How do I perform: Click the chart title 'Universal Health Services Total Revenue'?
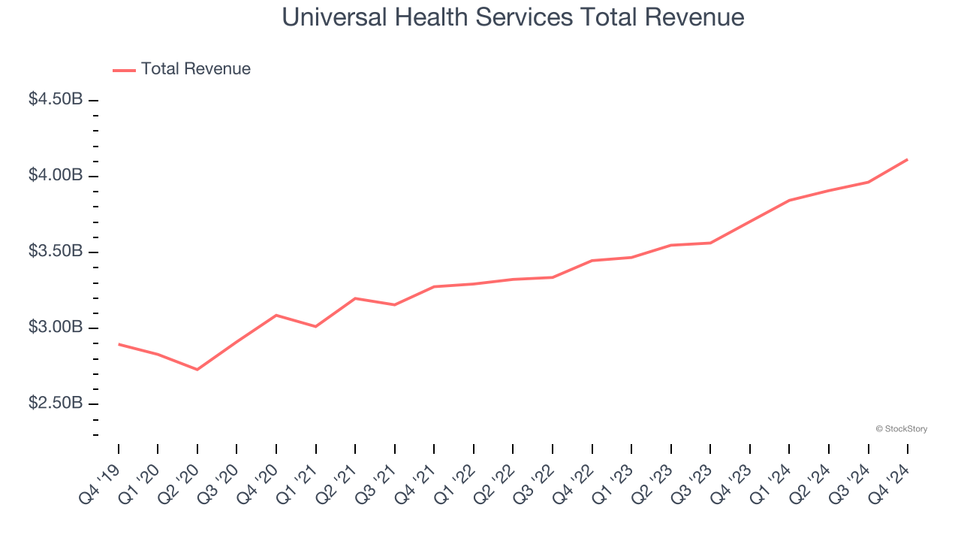[x=513, y=17]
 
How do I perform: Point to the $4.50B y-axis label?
[x=56, y=99]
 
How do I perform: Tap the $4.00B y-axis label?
[x=56, y=175]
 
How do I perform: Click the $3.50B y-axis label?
[x=56, y=252]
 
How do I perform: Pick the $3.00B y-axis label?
[x=56, y=328]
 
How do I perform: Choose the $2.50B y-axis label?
[x=56, y=403]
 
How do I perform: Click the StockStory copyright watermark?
[x=901, y=429]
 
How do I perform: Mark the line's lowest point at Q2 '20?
[x=197, y=370]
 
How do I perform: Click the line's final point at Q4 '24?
[x=908, y=159]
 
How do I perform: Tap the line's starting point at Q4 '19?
[x=119, y=344]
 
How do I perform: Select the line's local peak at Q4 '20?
[x=276, y=315]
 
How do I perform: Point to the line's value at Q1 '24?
[x=789, y=200]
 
